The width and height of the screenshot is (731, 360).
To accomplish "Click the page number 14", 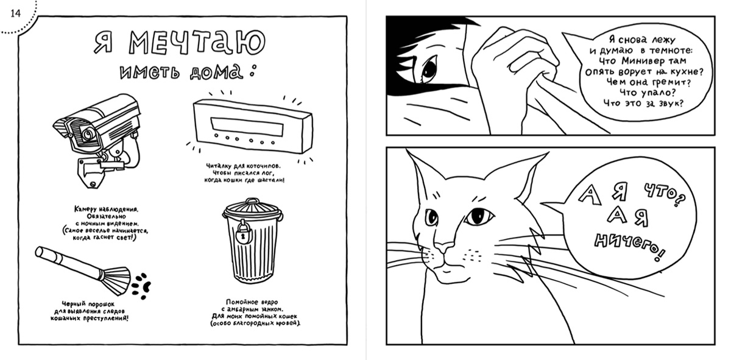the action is click(x=15, y=13).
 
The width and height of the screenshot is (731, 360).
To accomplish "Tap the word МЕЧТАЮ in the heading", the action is click(x=197, y=43).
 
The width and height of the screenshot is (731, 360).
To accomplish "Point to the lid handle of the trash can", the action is click(x=252, y=201).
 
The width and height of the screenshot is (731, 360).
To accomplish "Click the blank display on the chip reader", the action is click(x=247, y=127).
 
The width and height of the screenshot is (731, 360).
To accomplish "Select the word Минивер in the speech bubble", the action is click(x=638, y=61).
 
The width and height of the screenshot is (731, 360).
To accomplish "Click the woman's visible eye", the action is click(x=428, y=68).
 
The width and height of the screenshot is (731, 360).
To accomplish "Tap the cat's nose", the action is click(x=445, y=249).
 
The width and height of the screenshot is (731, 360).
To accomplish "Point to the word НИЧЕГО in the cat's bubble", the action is click(x=629, y=247).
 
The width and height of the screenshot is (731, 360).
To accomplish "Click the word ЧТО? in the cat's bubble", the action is click(x=665, y=195).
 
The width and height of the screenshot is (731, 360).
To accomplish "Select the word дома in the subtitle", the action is click(x=216, y=72).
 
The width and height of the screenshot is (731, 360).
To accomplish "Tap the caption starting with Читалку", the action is click(x=244, y=173).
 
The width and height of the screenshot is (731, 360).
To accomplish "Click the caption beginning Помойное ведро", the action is click(x=255, y=312).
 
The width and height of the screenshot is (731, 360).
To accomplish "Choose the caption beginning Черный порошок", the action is click(x=90, y=311).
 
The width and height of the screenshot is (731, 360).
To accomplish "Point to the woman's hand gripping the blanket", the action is click(x=515, y=62).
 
